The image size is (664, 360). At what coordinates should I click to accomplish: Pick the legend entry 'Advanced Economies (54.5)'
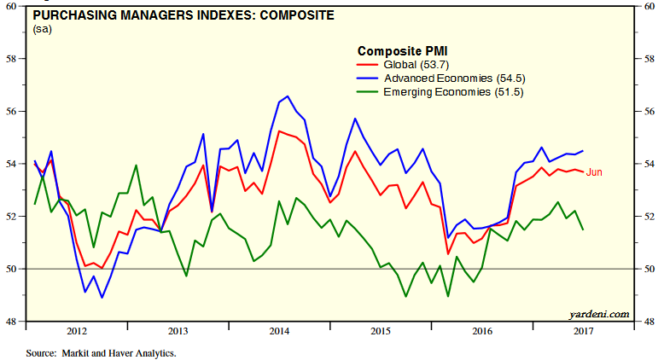pyautogui.click(x=451, y=78)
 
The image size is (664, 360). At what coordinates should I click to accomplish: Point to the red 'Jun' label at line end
pyautogui.click(x=594, y=172)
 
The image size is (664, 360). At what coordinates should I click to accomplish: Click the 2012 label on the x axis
pyautogui.click(x=77, y=330)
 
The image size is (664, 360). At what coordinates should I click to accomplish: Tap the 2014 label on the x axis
pyautogui.click(x=279, y=330)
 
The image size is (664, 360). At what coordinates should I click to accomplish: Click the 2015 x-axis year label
pyautogui.click(x=381, y=330)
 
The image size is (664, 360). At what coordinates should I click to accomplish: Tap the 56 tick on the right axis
pyautogui.click(x=649, y=111)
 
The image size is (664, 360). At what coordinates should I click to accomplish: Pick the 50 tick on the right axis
pyautogui.click(x=649, y=269)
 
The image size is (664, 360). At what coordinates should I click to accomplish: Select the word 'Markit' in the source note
pyautogui.click(x=73, y=351)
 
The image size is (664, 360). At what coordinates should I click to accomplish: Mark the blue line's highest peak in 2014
pyautogui.click(x=287, y=96)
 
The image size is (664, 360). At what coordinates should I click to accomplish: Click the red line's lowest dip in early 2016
pyautogui.click(x=448, y=253)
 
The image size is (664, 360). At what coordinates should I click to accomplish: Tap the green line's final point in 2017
pyautogui.click(x=583, y=229)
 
